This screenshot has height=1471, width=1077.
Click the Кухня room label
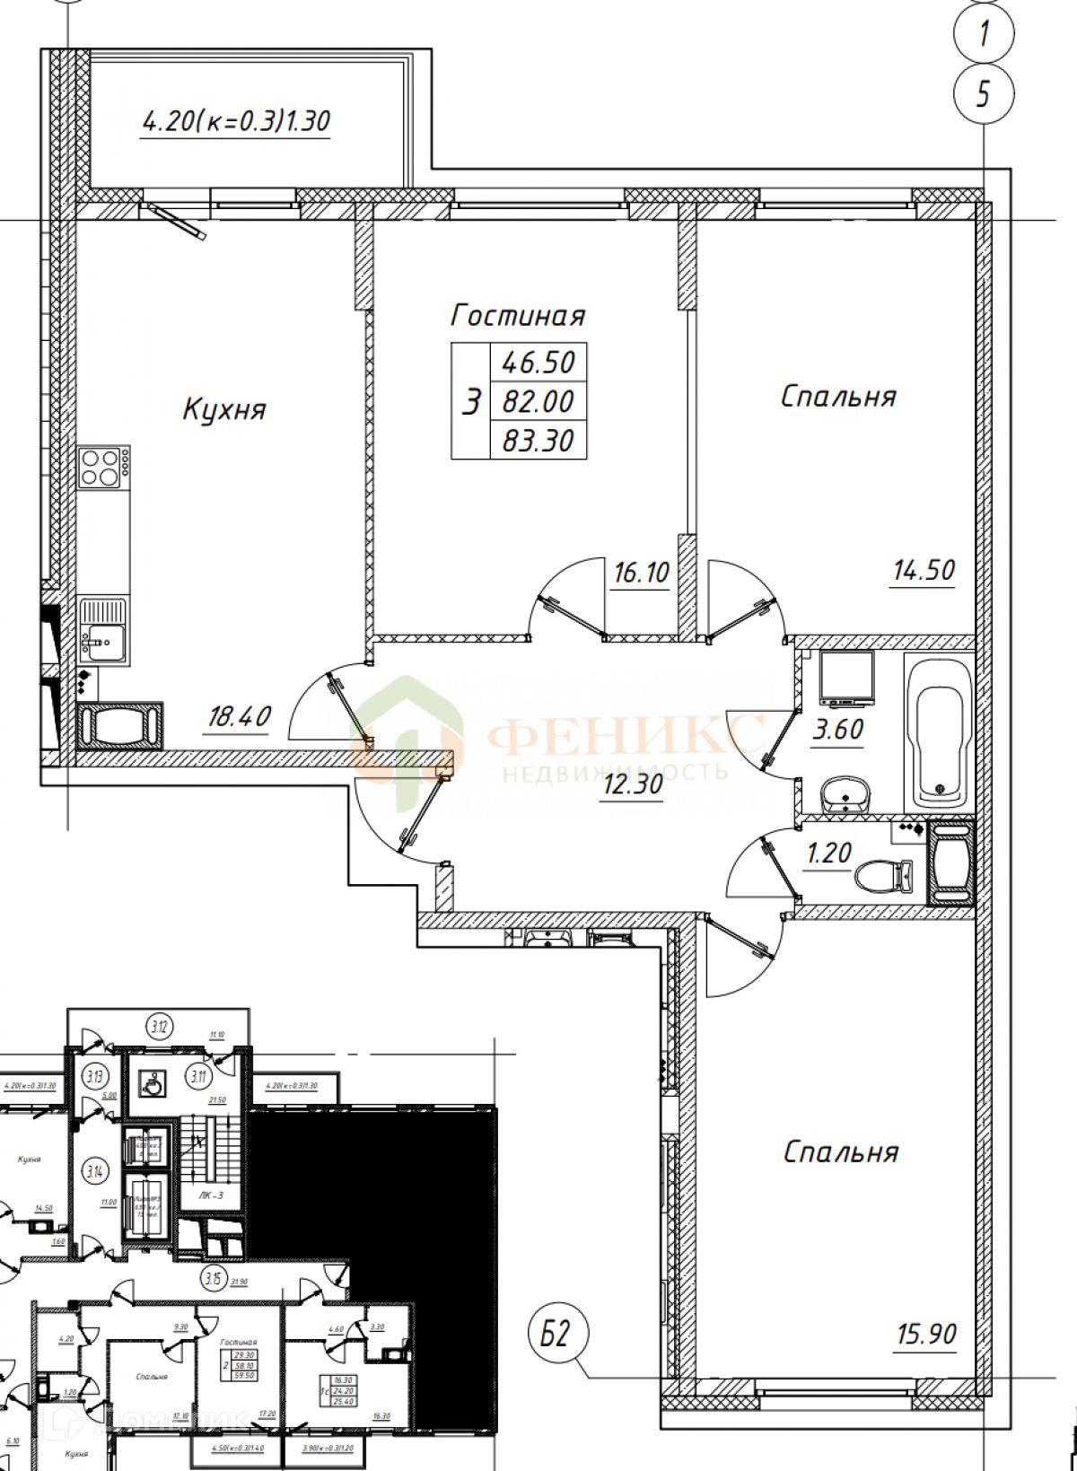pyautogui.click(x=224, y=411)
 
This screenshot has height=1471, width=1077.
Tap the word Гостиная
pyautogui.click(x=518, y=316)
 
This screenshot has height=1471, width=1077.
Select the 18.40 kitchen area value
pyautogui.click(x=238, y=716)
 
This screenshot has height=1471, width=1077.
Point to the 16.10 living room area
pyautogui.click(x=641, y=572)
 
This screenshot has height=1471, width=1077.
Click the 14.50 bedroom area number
pyautogui.click(x=923, y=570)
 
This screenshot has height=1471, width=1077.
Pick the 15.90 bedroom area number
pyautogui.click(x=925, y=1335)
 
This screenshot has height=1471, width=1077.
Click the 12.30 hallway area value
pyautogui.click(x=632, y=784)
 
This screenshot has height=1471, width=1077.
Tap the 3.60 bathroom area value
pyautogui.click(x=837, y=730)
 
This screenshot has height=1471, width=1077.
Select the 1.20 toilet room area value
pyautogui.click(x=828, y=852)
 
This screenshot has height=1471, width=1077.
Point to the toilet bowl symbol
pyautogui.click(x=883, y=874)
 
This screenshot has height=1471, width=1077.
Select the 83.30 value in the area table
pyautogui.click(x=538, y=441)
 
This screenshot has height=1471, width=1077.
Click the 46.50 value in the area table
pyautogui.click(x=538, y=363)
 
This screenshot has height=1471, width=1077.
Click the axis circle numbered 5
pyautogui.click(x=984, y=92)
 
